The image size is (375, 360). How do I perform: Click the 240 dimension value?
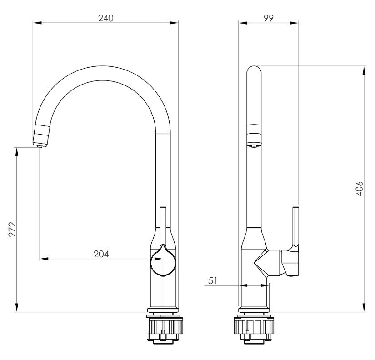tap(106, 18)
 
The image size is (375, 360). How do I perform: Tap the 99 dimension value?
tap(269, 18)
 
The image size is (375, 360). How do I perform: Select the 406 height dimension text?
tap(360, 189)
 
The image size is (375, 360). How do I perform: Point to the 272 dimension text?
tap(12, 229)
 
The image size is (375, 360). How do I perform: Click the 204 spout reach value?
tap(101, 254)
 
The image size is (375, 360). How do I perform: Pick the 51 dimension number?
tap(213, 280)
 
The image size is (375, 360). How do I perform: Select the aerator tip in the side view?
tap(254, 145)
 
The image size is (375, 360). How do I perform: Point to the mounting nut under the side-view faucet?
tap(254, 329)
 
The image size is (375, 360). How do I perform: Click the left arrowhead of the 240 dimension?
tap(38, 23)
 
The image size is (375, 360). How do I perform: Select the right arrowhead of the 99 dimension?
tap(294, 23)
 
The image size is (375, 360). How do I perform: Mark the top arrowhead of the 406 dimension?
tap(364, 70)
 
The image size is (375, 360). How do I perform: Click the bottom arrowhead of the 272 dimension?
tap(16, 307)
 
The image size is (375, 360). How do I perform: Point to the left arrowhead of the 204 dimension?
tap(44, 259)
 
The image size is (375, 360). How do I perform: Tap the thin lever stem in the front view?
tap(163, 226)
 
